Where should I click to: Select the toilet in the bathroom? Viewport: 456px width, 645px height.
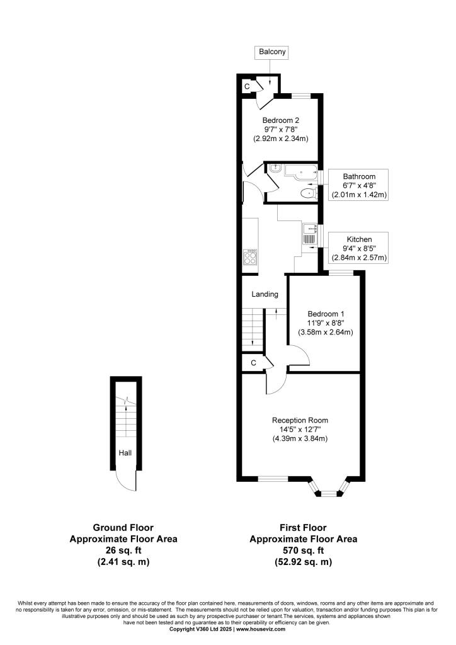307,193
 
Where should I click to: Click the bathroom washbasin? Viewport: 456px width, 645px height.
275,168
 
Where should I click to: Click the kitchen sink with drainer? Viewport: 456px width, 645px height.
309,234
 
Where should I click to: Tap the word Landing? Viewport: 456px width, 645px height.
265,294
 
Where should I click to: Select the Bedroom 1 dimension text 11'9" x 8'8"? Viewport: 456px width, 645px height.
326,323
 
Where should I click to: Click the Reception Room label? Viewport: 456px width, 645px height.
300,420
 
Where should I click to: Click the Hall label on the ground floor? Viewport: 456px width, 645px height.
125,452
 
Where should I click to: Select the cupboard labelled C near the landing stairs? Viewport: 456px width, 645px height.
253,363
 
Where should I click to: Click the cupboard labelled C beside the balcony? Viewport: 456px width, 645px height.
247,86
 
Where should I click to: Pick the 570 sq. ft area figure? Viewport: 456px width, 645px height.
303,551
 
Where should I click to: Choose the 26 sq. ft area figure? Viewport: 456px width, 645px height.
123,551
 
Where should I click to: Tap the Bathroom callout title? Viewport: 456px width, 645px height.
359,176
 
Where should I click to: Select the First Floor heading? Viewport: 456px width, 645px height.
303,528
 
